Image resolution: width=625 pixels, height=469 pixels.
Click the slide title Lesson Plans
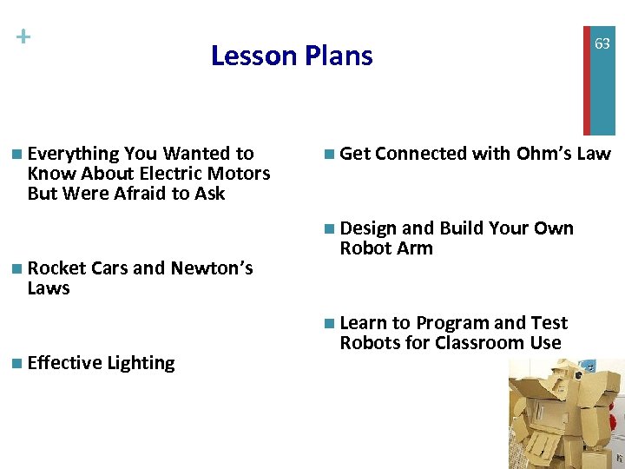tap(292, 56)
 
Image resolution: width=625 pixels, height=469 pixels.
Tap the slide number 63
tap(602, 43)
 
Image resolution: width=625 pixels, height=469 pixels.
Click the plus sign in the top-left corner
tap(23, 36)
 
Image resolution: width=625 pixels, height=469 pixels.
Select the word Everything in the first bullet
tap(73, 154)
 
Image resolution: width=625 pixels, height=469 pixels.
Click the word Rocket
tap(57, 268)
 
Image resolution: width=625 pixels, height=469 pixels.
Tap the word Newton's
tap(212, 268)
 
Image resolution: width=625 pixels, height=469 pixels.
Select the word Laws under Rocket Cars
tap(49, 288)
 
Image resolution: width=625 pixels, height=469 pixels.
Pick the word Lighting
tap(141, 363)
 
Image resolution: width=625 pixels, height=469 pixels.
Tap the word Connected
tap(421, 154)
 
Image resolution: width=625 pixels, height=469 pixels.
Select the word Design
tap(368, 228)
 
